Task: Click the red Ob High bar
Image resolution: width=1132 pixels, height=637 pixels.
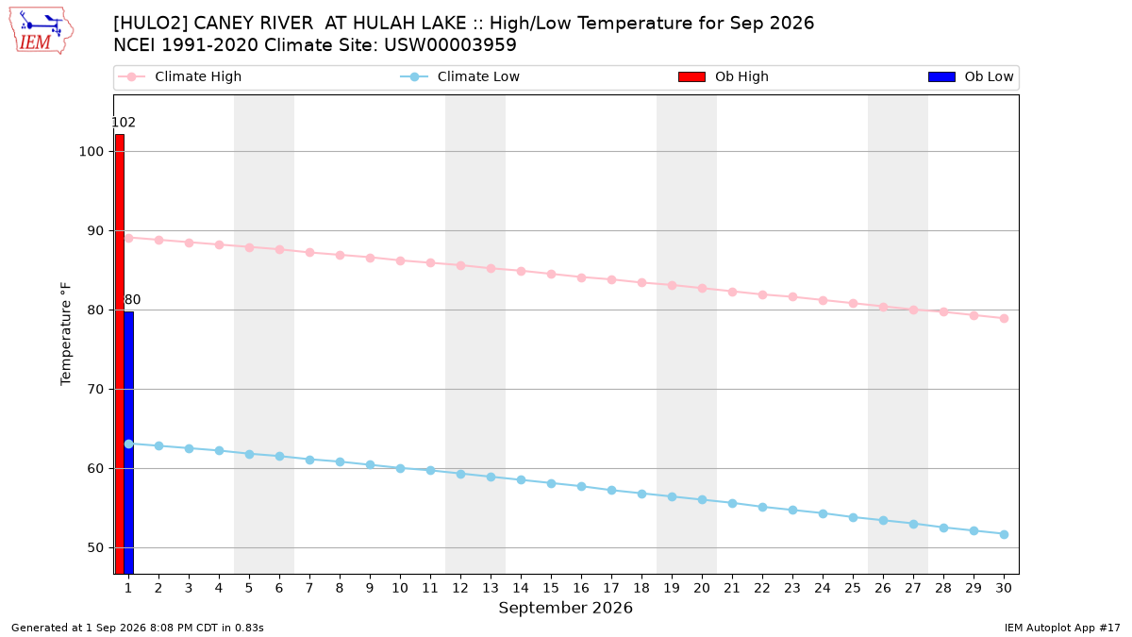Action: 120,354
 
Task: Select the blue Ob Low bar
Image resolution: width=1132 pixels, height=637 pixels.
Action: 129,443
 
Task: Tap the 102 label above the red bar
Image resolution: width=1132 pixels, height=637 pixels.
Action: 124,123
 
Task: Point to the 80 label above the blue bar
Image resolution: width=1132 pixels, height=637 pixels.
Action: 132,300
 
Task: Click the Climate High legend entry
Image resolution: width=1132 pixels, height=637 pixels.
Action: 179,76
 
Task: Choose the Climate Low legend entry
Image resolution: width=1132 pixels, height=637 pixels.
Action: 459,76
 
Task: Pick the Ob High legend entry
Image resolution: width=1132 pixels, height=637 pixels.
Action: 724,76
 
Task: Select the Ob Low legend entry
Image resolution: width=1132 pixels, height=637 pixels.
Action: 971,76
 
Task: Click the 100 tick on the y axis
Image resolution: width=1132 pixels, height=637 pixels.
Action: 91,152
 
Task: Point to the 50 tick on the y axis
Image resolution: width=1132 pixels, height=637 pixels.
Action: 95,548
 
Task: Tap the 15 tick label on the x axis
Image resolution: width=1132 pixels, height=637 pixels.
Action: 551,588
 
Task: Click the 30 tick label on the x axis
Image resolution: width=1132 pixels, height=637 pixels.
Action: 1004,588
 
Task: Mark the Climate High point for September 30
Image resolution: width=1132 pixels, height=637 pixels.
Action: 1004,319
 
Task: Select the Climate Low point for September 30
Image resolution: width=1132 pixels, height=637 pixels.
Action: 1004,535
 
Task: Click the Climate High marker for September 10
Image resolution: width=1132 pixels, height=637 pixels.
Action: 400,260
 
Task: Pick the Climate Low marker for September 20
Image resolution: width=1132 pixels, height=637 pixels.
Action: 702,500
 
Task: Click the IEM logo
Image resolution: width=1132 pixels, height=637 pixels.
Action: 41,31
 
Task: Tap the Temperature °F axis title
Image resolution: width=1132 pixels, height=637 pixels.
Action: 66,334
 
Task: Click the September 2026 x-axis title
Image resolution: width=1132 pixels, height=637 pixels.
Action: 565,608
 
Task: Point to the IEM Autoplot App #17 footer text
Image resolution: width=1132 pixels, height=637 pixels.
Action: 1062,628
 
